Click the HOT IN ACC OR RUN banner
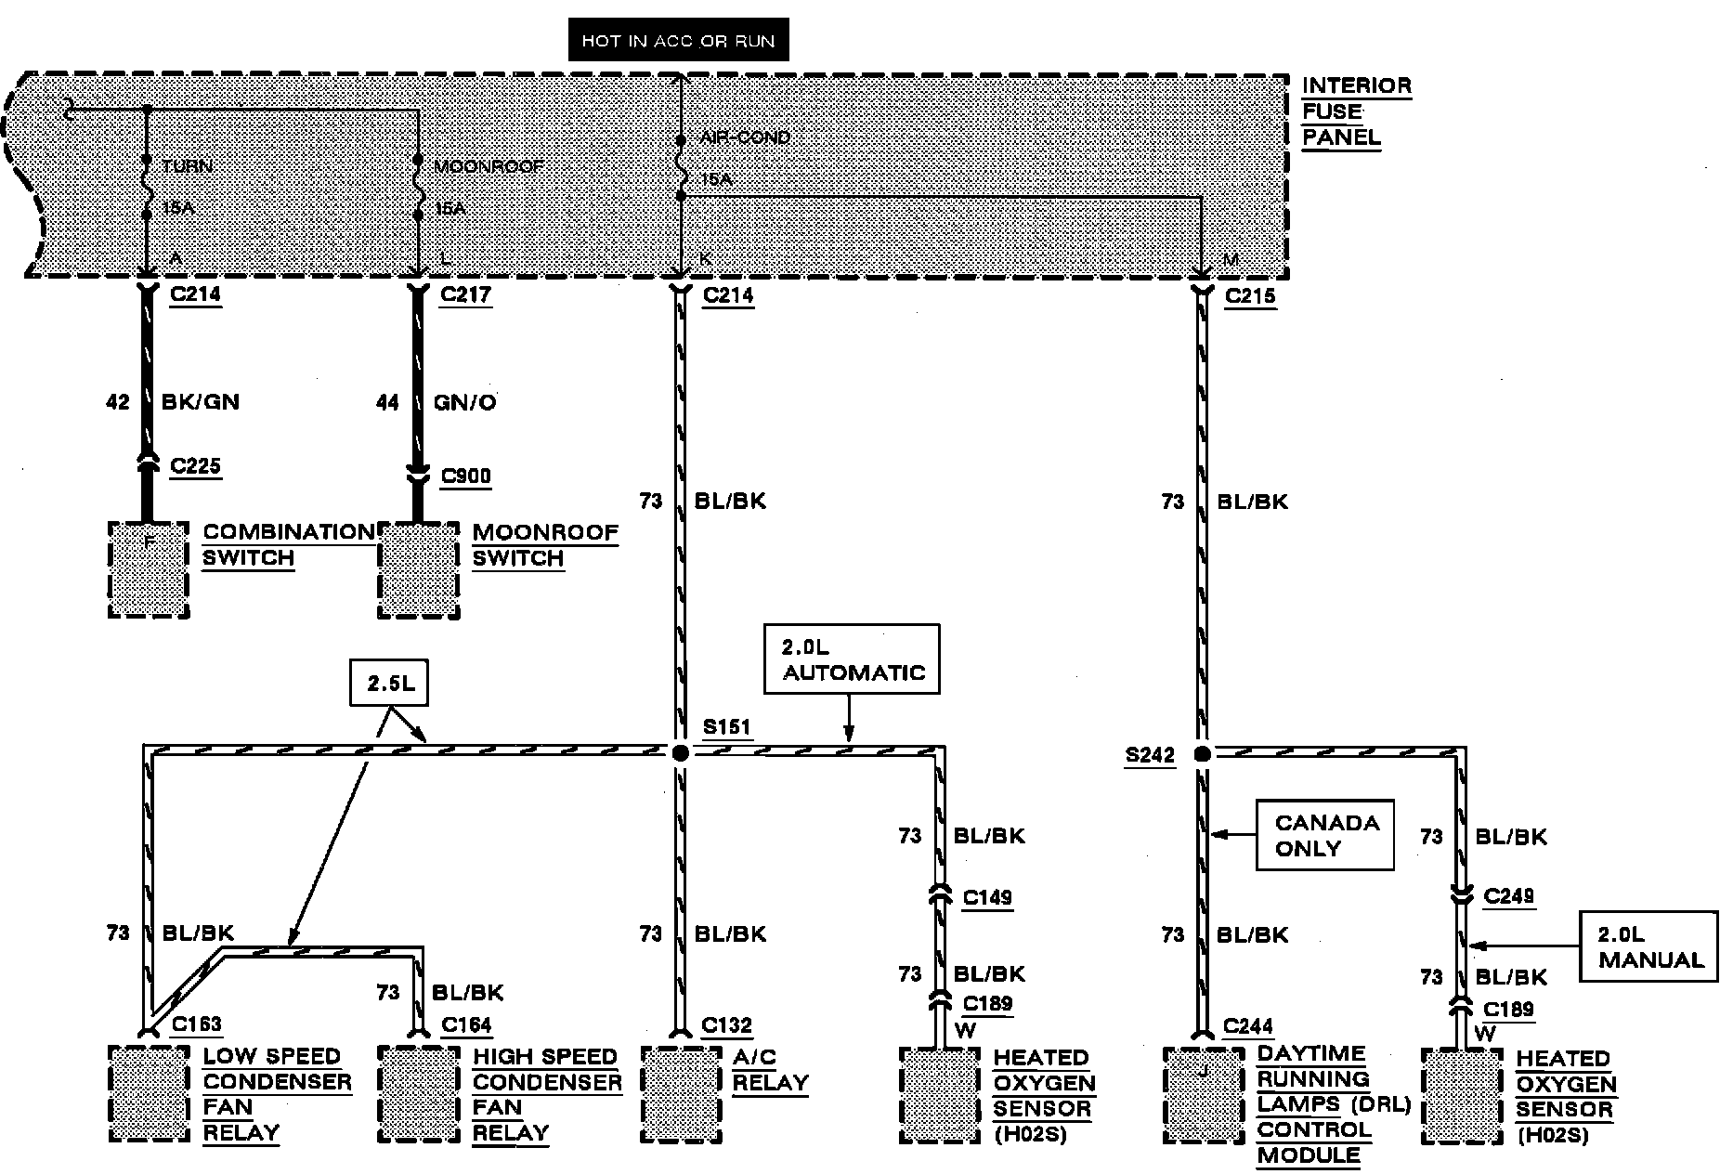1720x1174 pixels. click(x=678, y=41)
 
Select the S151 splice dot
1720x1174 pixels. click(x=681, y=752)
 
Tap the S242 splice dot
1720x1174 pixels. click(x=1203, y=754)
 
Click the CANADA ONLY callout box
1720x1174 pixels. click(x=1324, y=835)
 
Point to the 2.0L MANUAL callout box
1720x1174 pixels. click(x=1648, y=946)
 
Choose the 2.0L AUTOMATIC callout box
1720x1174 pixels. click(x=852, y=659)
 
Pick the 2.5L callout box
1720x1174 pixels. click(x=390, y=684)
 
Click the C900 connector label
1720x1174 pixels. click(x=465, y=476)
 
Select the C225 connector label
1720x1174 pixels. click(x=195, y=465)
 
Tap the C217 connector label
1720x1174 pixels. click(x=465, y=295)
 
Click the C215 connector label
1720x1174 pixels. click(x=1250, y=296)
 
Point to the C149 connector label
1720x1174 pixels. click(x=987, y=897)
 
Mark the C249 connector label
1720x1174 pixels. click(x=1509, y=896)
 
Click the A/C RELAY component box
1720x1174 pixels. click(x=681, y=1095)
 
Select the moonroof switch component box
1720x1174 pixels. click(x=418, y=569)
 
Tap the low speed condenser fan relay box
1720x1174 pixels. click(x=149, y=1094)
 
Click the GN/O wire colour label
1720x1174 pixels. click(x=464, y=402)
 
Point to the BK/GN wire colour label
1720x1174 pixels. click(x=201, y=402)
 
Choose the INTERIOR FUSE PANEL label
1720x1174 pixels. click(x=1356, y=111)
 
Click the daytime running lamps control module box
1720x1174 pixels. click(x=1204, y=1095)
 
